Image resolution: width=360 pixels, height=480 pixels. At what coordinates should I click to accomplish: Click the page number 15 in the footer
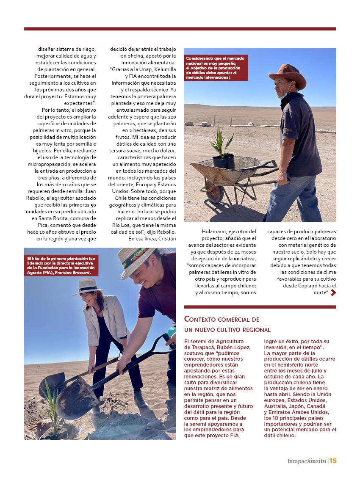(333, 461)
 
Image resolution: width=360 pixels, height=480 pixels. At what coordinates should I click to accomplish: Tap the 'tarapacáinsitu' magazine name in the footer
(305, 461)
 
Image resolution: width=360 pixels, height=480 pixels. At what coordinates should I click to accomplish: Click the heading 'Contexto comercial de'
(222, 320)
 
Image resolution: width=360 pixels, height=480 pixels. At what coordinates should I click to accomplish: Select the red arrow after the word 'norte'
(333, 292)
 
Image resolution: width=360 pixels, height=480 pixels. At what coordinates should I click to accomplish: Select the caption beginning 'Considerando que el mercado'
(216, 68)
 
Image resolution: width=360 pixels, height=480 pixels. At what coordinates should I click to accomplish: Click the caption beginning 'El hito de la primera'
(61, 265)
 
